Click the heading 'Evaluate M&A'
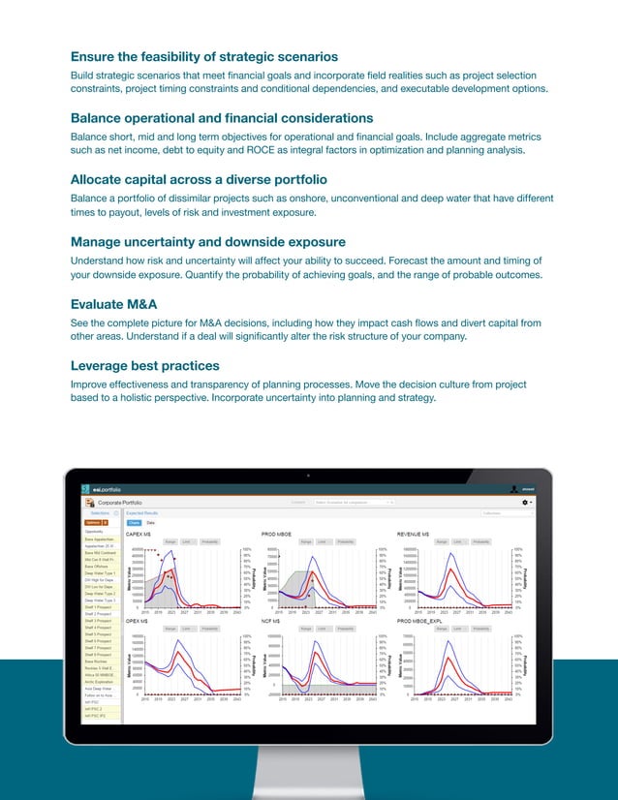113,304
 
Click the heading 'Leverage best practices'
145,366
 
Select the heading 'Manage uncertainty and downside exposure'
208,242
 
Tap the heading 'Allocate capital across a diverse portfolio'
199,180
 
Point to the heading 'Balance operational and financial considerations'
222,118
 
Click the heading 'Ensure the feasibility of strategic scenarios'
204,56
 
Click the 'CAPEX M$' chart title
139,534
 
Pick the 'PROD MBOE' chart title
277,534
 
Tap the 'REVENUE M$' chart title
414,534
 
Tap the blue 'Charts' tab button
134,522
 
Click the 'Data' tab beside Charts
150,522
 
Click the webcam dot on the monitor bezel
308,476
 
